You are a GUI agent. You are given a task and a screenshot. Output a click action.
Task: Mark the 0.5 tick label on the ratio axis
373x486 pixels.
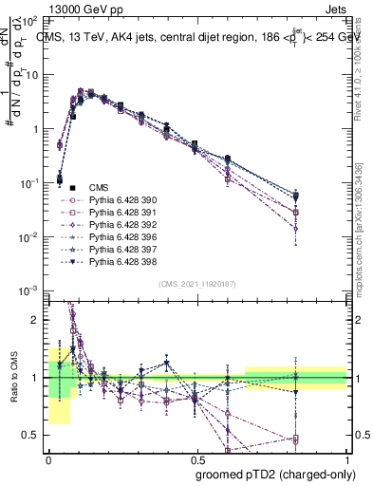(x=29, y=436)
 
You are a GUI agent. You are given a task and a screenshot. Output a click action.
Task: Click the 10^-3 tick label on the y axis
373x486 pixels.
(x=28, y=290)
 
